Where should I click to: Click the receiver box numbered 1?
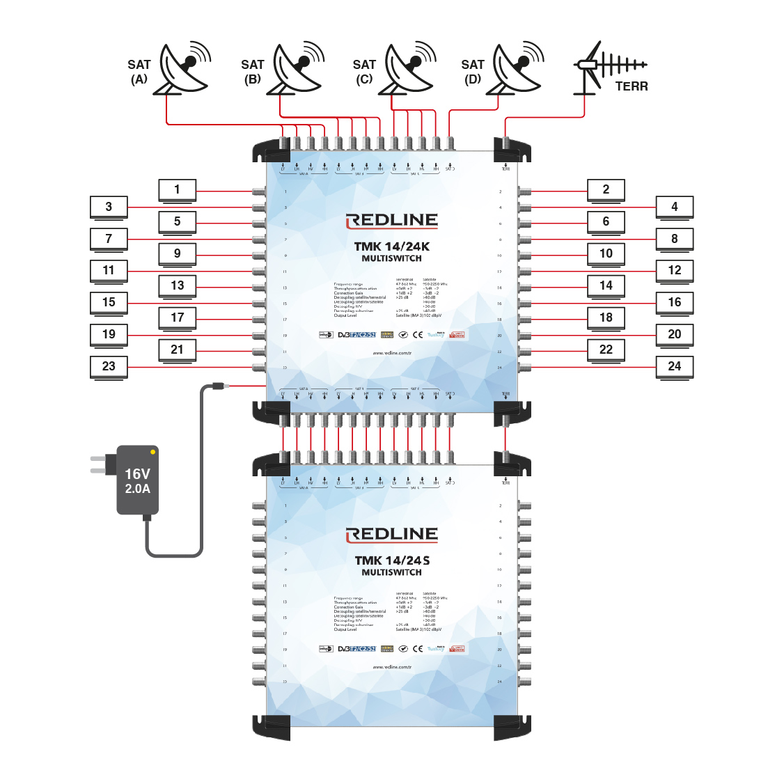pos(177,189)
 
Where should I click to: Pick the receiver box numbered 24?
pos(675,366)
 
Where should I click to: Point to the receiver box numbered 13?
pos(177,285)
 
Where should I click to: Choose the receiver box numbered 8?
pos(675,238)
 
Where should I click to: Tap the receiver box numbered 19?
pos(109,334)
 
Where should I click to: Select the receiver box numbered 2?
pos(606,189)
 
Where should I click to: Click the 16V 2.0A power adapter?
pos(137,480)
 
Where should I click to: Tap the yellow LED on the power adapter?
pos(153,452)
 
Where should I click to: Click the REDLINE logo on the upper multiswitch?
pos(392,221)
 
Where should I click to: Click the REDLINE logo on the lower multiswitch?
pos(392,535)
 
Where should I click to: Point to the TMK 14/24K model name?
pos(392,246)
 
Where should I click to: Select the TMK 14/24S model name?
pos(392,560)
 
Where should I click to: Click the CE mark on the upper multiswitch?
pos(418,335)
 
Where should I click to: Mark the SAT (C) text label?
pos(364,72)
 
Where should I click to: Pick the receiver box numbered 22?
pos(606,350)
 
